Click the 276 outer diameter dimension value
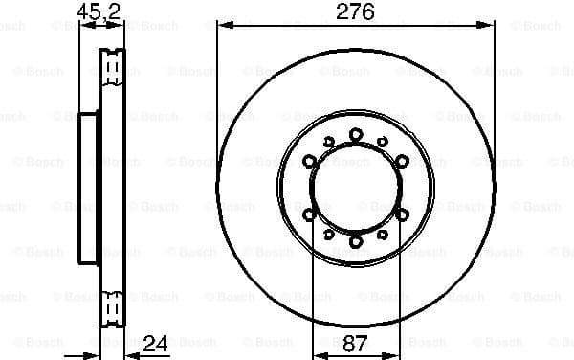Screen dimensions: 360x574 click(355, 12)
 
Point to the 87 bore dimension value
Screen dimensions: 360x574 click(356, 342)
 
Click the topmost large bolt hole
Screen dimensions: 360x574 click(356, 134)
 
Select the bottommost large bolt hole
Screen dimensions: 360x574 click(356, 242)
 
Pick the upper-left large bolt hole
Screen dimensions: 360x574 click(309, 161)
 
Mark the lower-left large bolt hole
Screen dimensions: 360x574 click(309, 215)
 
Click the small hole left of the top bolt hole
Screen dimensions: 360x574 click(329, 142)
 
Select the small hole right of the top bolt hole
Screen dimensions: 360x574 click(383, 142)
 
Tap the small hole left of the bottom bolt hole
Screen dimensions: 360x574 click(329, 234)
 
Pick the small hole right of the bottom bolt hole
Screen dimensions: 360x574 click(383, 234)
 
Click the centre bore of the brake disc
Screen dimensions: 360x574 click(356, 188)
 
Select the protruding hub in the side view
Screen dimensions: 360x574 click(87, 188)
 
